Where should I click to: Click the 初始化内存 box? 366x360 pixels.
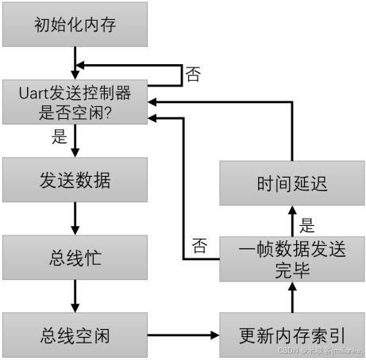tap(75, 25)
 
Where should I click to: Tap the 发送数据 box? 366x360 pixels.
tap(75, 180)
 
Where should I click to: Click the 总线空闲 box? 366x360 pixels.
tap(75, 334)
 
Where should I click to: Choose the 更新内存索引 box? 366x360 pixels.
tap(291, 334)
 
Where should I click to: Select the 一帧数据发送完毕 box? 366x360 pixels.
tap(291, 259)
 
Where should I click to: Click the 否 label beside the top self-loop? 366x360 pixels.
tap(193, 75)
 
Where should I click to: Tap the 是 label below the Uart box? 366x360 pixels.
tap(60, 137)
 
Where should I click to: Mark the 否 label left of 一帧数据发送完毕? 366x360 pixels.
tap(199, 247)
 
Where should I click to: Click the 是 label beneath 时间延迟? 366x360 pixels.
tap(307, 224)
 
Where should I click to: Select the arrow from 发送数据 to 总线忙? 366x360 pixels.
tap(75, 218)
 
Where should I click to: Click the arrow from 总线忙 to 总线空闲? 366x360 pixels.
tap(75, 296)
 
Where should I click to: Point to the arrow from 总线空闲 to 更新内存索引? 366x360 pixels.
tap(183, 335)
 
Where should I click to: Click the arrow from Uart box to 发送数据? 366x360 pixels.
tap(75, 141)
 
